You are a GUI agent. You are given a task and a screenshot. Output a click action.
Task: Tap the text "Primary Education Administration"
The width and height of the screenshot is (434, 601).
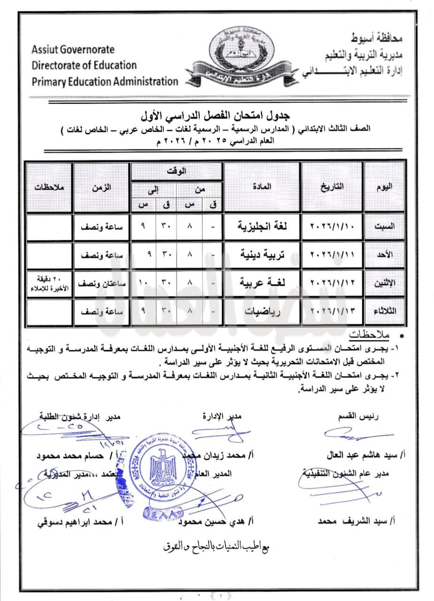point(105,81)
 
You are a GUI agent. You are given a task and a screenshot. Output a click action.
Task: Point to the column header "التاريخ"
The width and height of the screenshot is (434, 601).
point(333,186)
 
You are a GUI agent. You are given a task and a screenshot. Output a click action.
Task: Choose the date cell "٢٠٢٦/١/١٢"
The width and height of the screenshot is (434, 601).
point(333,283)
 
